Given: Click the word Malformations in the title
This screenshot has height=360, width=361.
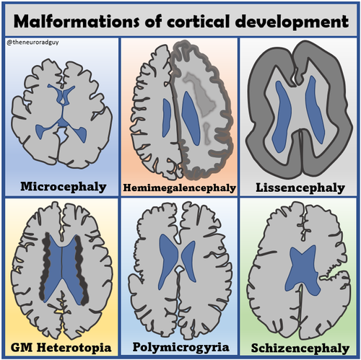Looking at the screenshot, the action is click(77, 21).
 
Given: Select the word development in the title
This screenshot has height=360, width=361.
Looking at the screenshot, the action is click(292, 22).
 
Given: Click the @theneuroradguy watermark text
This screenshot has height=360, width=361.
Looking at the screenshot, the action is click(33, 43).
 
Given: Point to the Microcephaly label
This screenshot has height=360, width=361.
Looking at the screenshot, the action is click(64, 187).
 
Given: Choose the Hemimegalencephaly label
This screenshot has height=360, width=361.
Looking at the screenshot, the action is click(179, 188).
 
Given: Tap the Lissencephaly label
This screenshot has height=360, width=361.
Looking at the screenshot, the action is click(300, 188).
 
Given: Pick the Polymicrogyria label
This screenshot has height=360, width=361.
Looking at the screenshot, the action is click(180, 348).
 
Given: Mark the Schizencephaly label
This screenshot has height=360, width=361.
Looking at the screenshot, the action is click(300, 348).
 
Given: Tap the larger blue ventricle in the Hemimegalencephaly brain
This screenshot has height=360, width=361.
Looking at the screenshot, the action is click(191, 118).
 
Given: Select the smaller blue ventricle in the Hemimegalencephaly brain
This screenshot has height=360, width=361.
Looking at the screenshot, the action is click(166, 118).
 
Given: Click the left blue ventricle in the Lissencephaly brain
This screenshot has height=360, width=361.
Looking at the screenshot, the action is click(281, 117).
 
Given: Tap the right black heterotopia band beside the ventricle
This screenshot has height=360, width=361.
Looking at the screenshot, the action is click(82, 271).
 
